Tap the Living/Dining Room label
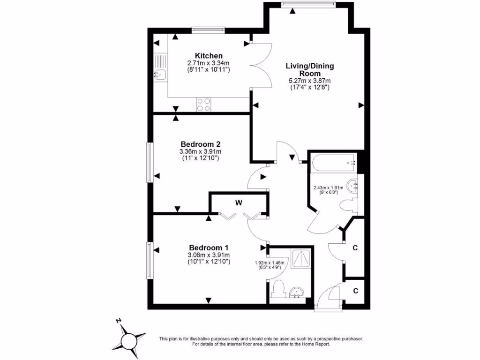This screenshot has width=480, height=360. coord(310,69)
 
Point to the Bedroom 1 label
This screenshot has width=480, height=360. coord(209,247)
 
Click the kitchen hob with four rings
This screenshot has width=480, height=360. coord(203,105)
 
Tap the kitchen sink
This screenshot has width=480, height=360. coord(159,74)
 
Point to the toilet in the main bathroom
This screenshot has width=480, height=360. coord(348,205)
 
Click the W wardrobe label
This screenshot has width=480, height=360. coord(239,202)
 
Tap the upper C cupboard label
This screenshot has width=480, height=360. coord(355,248)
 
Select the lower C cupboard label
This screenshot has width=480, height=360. coord(355,291)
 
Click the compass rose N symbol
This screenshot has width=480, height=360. coord(119,321)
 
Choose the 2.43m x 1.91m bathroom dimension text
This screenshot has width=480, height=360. coord(328,188)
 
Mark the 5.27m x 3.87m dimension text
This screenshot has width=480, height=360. coord(309,81)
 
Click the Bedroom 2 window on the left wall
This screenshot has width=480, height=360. coord(150,162)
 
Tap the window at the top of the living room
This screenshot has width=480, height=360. coord(308,4)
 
